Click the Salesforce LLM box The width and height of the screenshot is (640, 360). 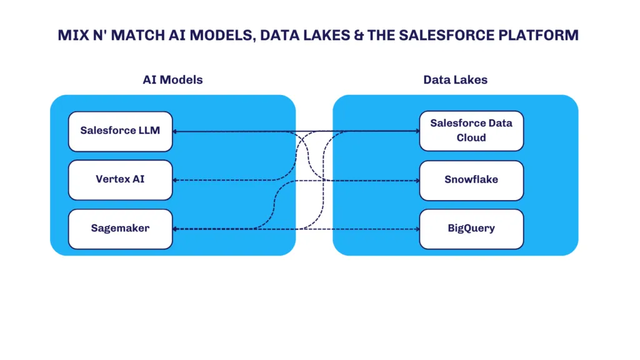(x=121, y=131)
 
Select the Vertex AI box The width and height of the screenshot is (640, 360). (x=121, y=180)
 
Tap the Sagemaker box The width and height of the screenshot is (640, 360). (x=121, y=229)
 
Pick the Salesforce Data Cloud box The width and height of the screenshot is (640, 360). (x=471, y=131)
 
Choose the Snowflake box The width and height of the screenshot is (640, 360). (x=471, y=181)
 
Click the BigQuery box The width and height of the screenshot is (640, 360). (x=471, y=229)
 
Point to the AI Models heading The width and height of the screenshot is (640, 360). (x=172, y=79)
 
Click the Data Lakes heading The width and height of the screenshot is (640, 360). (x=455, y=79)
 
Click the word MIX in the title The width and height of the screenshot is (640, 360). (x=74, y=35)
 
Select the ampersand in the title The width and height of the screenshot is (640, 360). (x=359, y=35)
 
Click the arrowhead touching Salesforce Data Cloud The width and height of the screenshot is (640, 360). (x=417, y=131)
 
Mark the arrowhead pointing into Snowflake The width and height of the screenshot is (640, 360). (x=417, y=181)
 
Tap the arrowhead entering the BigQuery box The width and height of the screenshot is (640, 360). (x=417, y=229)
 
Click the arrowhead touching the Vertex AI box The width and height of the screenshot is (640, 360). (x=175, y=180)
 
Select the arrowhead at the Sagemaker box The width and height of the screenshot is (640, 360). (x=175, y=229)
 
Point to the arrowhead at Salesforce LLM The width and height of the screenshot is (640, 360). (x=175, y=131)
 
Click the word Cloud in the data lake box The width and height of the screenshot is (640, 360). (x=471, y=138)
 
